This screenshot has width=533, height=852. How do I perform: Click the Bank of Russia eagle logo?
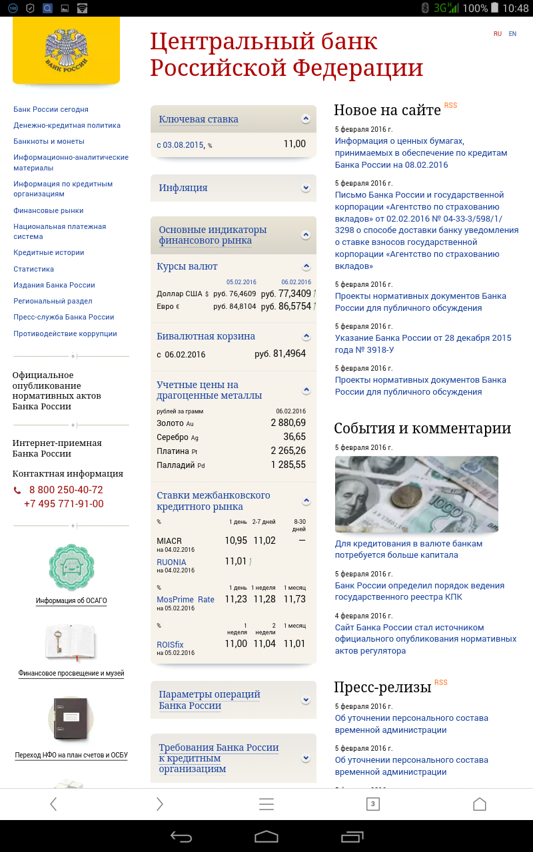coord(66,50)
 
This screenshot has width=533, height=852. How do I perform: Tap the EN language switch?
coord(512,34)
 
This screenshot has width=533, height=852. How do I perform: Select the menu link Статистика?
coord(34,269)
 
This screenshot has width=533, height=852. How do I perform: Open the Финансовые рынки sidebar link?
coord(49,210)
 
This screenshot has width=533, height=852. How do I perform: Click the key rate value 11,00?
coord(294,144)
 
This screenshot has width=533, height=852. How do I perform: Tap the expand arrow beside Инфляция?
coord(306,188)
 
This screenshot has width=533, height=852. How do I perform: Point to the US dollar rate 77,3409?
coord(294,294)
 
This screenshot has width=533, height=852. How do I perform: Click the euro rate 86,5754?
coord(294,307)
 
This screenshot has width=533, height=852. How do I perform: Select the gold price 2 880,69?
coord(288,423)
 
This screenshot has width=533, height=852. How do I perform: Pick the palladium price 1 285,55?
coord(288,465)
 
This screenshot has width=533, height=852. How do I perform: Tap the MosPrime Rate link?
coord(185,600)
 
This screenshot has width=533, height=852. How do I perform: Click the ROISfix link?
coord(170,645)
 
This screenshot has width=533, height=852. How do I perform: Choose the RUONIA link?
coord(171,562)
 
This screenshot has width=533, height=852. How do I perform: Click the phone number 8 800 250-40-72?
coord(66,490)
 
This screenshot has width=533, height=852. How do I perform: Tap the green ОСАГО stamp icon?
coord(71,567)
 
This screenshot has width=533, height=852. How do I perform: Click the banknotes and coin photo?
coord(416,494)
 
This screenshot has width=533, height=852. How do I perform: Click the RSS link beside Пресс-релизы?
coord(441,683)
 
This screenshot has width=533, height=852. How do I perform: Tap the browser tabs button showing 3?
coord(373,804)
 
